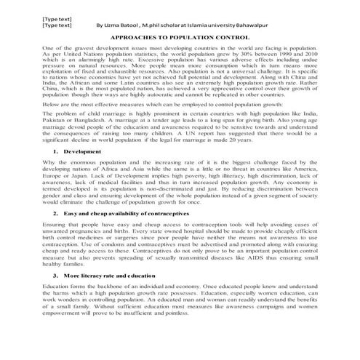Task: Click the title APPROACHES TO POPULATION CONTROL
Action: coord(180,35)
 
